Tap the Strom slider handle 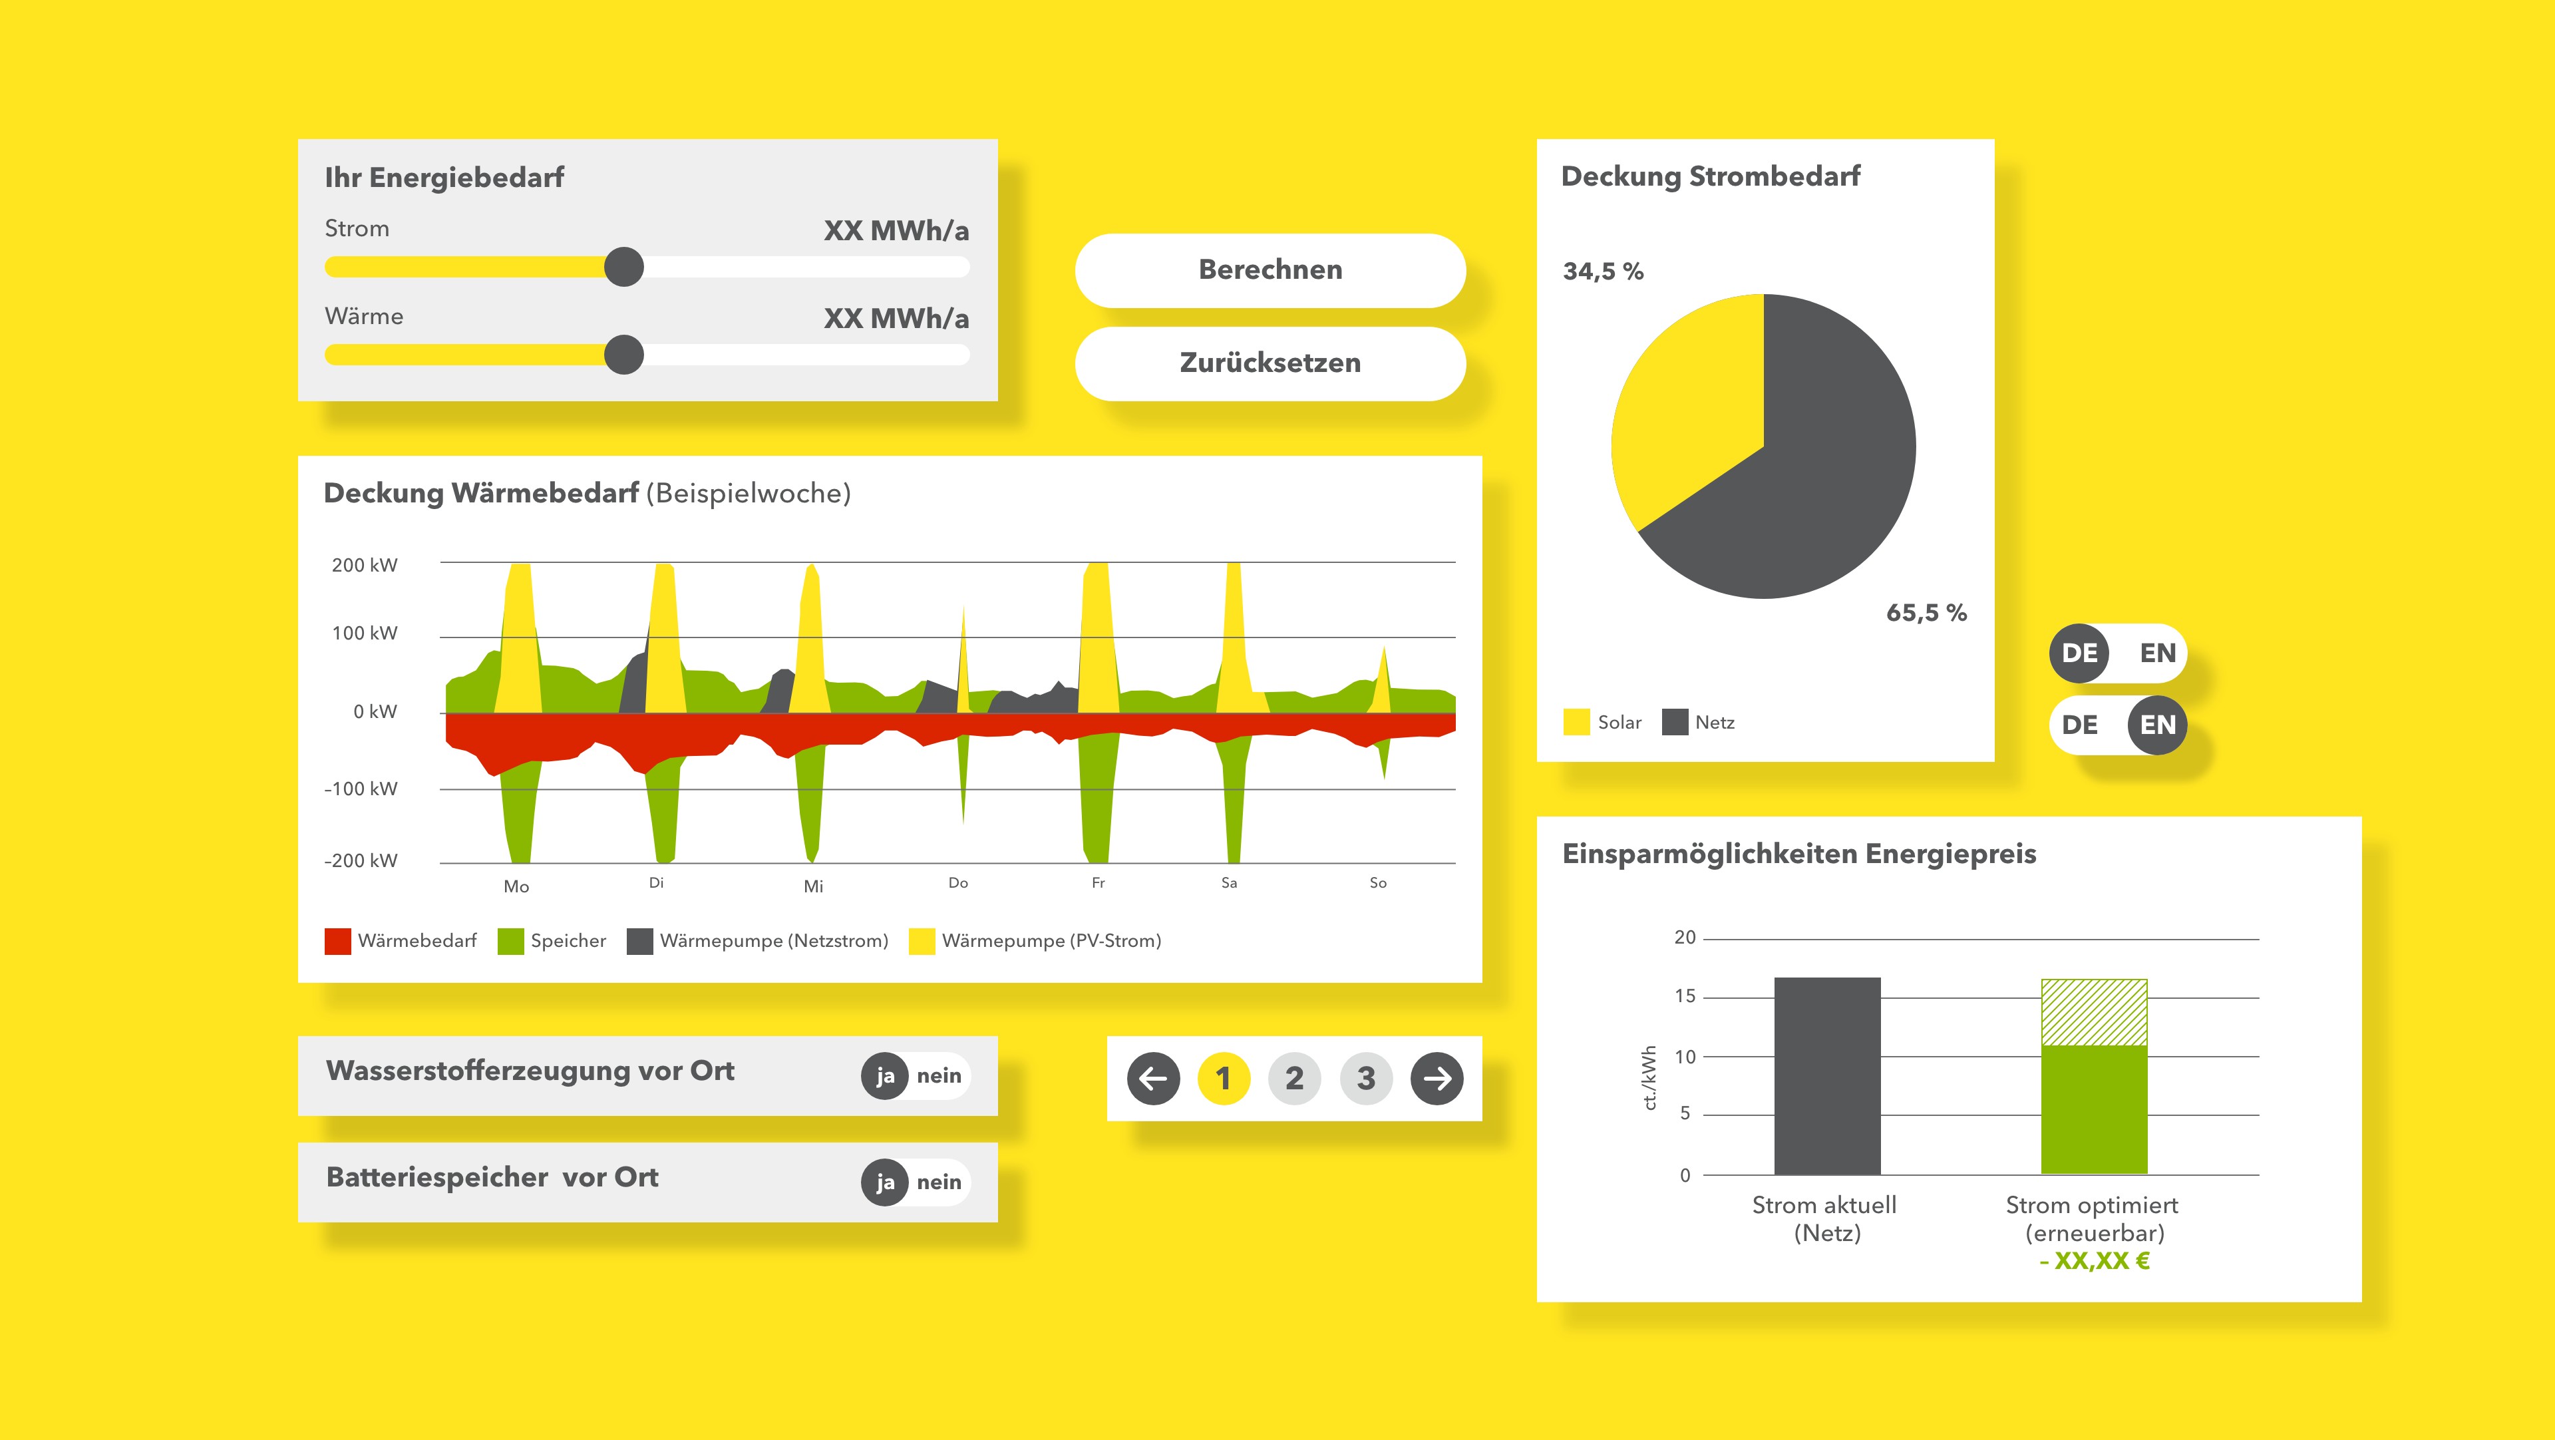624,267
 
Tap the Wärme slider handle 624,354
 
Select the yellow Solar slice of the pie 1686,417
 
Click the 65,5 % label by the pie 1925,613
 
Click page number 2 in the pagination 1294,1078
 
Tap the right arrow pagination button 1437,1078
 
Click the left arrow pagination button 1152,1078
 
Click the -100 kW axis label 361,789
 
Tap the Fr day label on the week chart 1098,882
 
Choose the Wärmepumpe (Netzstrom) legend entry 758,941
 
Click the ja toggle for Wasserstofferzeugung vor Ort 885,1076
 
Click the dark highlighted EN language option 2156,725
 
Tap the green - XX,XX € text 2094,1262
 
